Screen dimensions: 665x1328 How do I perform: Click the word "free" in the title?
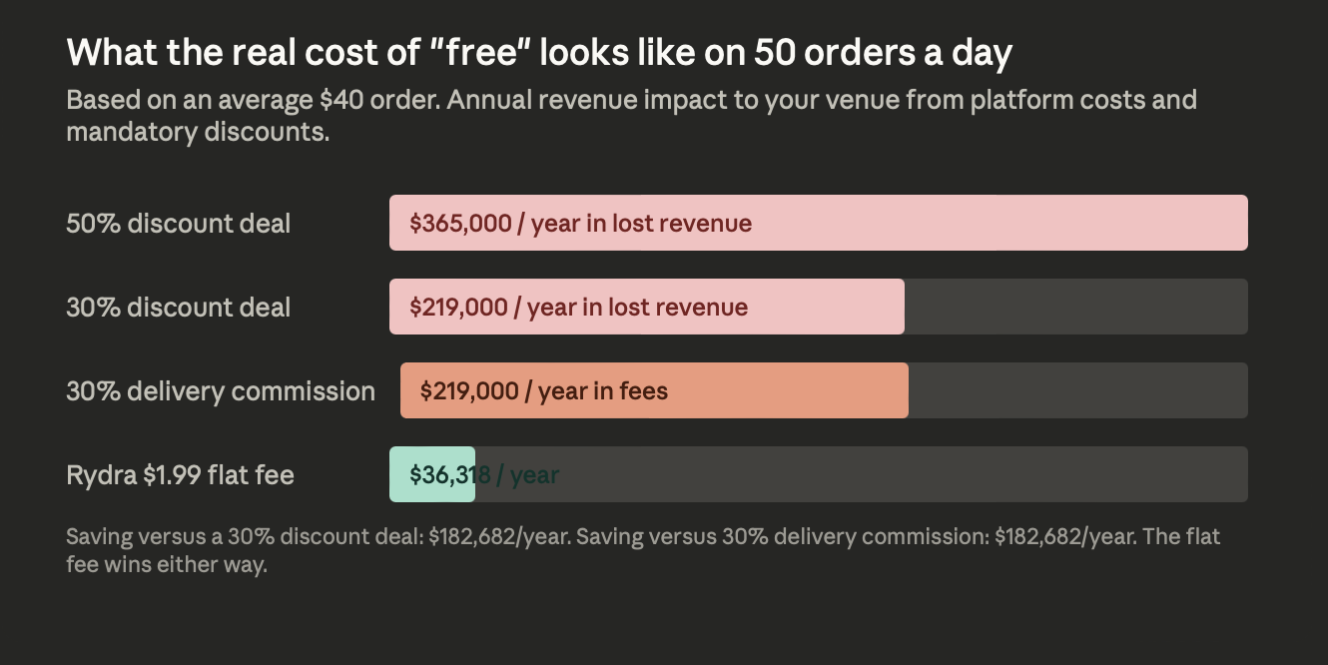[x=486, y=53]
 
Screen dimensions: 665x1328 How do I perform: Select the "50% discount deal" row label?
[x=179, y=224]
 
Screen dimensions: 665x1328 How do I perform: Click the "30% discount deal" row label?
[x=179, y=308]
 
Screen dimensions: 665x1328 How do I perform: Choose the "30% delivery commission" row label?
[x=221, y=391]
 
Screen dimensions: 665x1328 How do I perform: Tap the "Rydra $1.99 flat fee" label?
[x=180, y=475]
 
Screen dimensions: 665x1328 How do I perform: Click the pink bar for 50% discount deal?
[x=998, y=223]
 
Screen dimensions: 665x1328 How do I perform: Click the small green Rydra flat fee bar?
[x=431, y=474]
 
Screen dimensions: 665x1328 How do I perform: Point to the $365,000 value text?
[x=460, y=224]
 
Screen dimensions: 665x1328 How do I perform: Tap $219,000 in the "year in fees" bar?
[x=469, y=391]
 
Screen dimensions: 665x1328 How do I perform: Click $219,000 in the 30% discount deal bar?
[x=458, y=308]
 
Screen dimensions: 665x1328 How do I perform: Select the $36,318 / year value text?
[x=484, y=475]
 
